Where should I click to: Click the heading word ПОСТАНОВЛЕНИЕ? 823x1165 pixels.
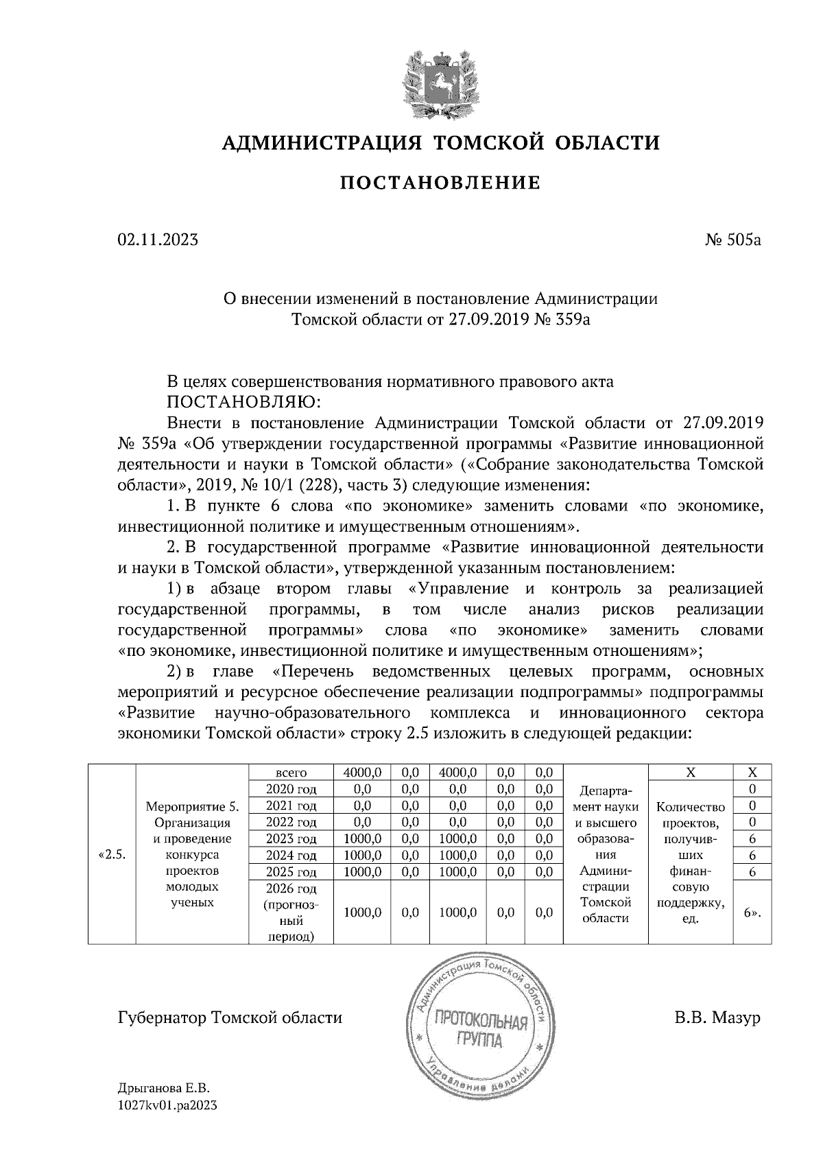coord(440,183)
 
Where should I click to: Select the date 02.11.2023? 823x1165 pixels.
coord(158,240)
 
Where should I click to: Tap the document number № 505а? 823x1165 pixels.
coord(732,240)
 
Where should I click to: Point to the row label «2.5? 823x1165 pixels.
coord(112,855)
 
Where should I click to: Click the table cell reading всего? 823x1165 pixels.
coord(291,772)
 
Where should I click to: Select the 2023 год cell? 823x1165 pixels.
coord(291,838)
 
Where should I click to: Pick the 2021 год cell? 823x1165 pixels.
coord(291,805)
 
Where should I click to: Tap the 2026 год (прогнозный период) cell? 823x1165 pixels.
coord(291,913)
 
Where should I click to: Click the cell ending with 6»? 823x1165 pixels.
coord(752,913)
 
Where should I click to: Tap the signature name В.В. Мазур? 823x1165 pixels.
coord(717,1017)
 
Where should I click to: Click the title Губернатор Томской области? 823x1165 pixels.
coord(230,1017)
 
